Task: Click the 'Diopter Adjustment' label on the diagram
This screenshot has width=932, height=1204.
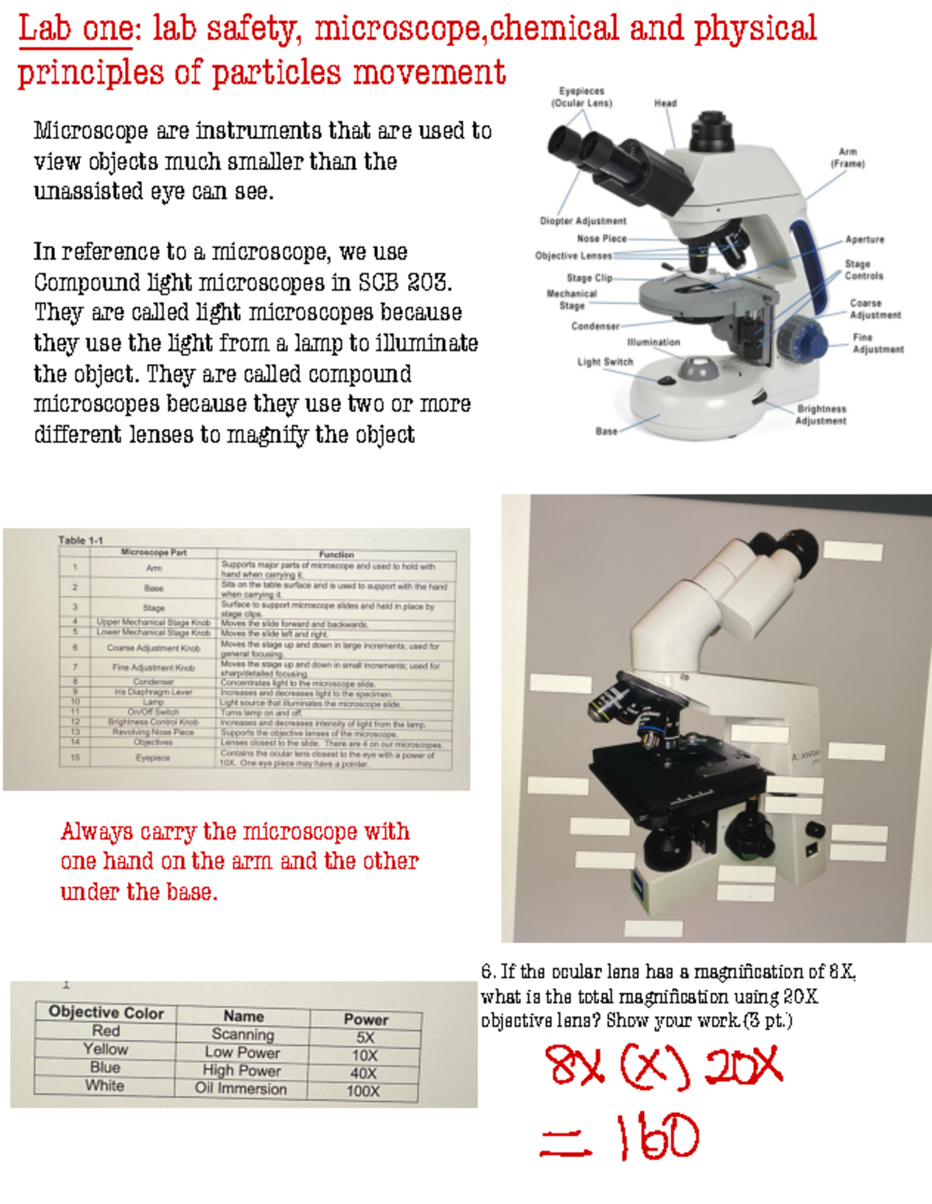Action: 582,221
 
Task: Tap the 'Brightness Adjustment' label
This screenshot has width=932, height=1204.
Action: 821,414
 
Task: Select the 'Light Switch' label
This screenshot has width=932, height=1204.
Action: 604,361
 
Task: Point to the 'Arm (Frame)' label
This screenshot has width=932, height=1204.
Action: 847,158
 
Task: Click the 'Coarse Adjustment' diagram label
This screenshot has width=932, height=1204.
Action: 875,309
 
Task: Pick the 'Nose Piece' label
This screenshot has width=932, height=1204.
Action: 601,239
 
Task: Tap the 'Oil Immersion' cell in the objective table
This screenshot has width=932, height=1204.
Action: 241,1088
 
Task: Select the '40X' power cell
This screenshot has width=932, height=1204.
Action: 363,1073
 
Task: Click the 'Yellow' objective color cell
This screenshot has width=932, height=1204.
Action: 106,1049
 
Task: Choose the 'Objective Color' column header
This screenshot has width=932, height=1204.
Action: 106,1012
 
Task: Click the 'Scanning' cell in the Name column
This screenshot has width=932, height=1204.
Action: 242,1035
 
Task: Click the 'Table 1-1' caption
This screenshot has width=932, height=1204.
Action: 80,539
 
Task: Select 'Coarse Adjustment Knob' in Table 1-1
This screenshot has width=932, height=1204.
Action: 153,647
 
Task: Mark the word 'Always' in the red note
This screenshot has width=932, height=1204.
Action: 96,832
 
